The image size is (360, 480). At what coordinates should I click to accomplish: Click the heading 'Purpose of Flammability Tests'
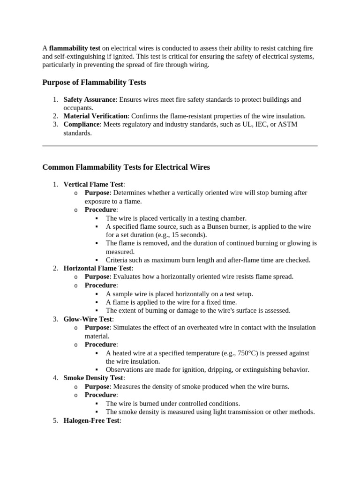(94, 82)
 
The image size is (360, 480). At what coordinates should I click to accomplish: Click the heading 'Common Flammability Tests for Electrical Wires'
(126, 167)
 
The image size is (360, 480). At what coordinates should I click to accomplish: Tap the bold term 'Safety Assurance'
(90, 99)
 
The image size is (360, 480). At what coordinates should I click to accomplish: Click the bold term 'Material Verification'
(96, 116)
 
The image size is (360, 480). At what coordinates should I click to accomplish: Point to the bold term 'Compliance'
(82, 124)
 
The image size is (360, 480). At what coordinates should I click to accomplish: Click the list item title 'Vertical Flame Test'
(93, 184)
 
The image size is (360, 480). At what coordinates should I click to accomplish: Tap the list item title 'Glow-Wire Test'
(88, 319)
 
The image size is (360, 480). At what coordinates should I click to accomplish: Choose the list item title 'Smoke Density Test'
(94, 378)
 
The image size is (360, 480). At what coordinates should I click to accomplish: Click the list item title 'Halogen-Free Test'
(91, 420)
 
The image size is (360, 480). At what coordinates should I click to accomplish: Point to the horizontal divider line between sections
(180, 146)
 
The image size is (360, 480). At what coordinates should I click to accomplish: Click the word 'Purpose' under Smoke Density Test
(97, 387)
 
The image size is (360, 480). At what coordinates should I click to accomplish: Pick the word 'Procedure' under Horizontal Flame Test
(100, 285)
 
